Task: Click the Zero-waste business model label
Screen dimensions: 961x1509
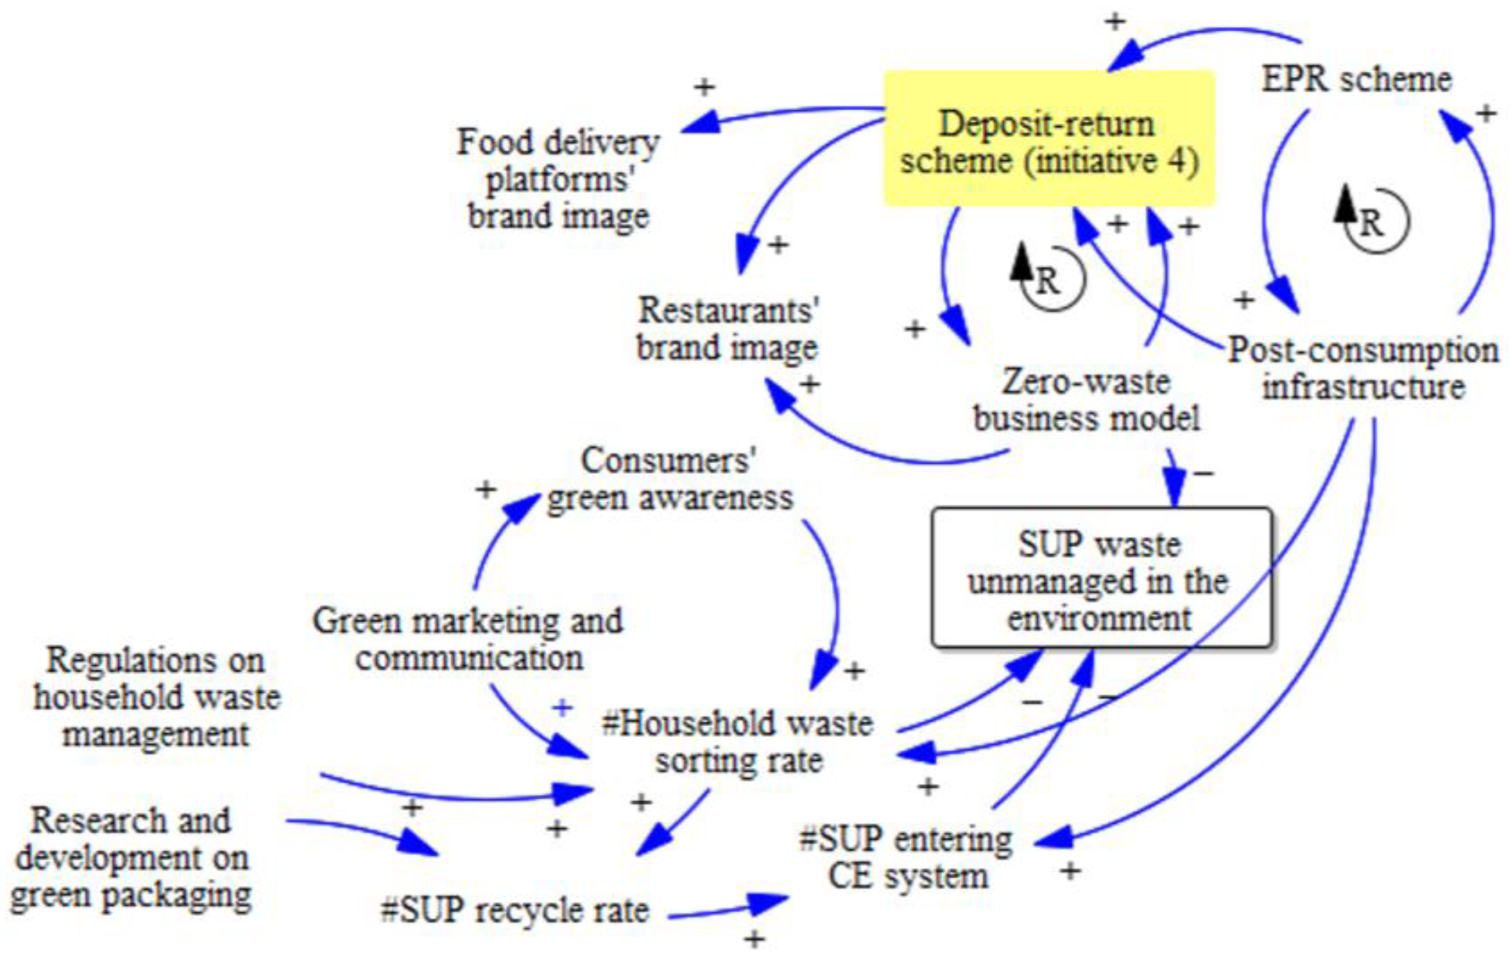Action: (x=1087, y=399)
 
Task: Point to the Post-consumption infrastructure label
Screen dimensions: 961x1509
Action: (x=1362, y=368)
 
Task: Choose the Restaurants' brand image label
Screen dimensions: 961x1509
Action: (x=727, y=329)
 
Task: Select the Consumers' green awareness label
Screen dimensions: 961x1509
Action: (x=669, y=479)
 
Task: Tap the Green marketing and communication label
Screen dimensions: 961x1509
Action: (x=468, y=639)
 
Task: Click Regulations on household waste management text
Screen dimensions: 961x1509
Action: (x=157, y=697)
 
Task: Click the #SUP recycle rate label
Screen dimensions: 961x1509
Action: (x=515, y=910)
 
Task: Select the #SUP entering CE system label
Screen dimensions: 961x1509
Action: (x=906, y=857)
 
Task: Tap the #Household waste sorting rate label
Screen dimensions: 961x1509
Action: (x=738, y=742)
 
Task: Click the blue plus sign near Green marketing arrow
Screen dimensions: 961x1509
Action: (x=562, y=708)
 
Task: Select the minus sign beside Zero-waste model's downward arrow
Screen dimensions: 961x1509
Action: (x=1203, y=473)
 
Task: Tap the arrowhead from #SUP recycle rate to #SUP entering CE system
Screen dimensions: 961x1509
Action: (x=768, y=903)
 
